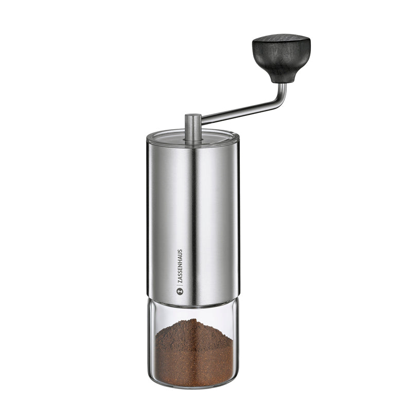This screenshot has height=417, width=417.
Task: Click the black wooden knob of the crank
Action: pyautogui.click(x=281, y=57)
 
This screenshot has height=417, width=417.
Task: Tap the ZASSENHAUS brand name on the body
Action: pyautogui.click(x=180, y=267)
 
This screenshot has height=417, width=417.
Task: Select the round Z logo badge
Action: pyautogui.click(x=180, y=291)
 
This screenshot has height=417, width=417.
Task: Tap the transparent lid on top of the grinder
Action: pyautogui.click(x=193, y=136)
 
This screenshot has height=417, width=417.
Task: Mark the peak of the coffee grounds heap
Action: pyautogui.click(x=195, y=320)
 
